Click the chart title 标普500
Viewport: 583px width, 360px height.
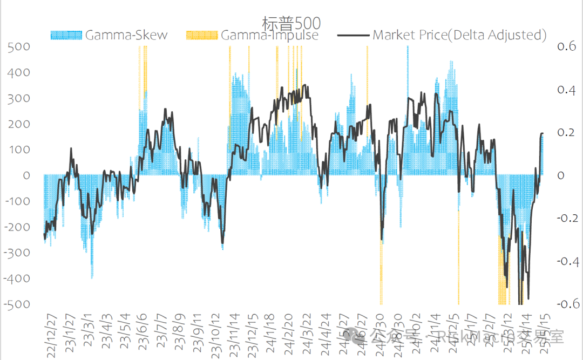[291, 23]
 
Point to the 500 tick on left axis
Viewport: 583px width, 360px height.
[19, 47]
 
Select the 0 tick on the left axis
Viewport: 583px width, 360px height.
[26, 175]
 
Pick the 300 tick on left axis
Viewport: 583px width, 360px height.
[19, 98]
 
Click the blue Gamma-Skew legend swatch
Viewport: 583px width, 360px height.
[66, 35]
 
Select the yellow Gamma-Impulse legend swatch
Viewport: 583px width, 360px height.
[201, 35]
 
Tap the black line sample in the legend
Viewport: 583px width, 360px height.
[352, 35]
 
